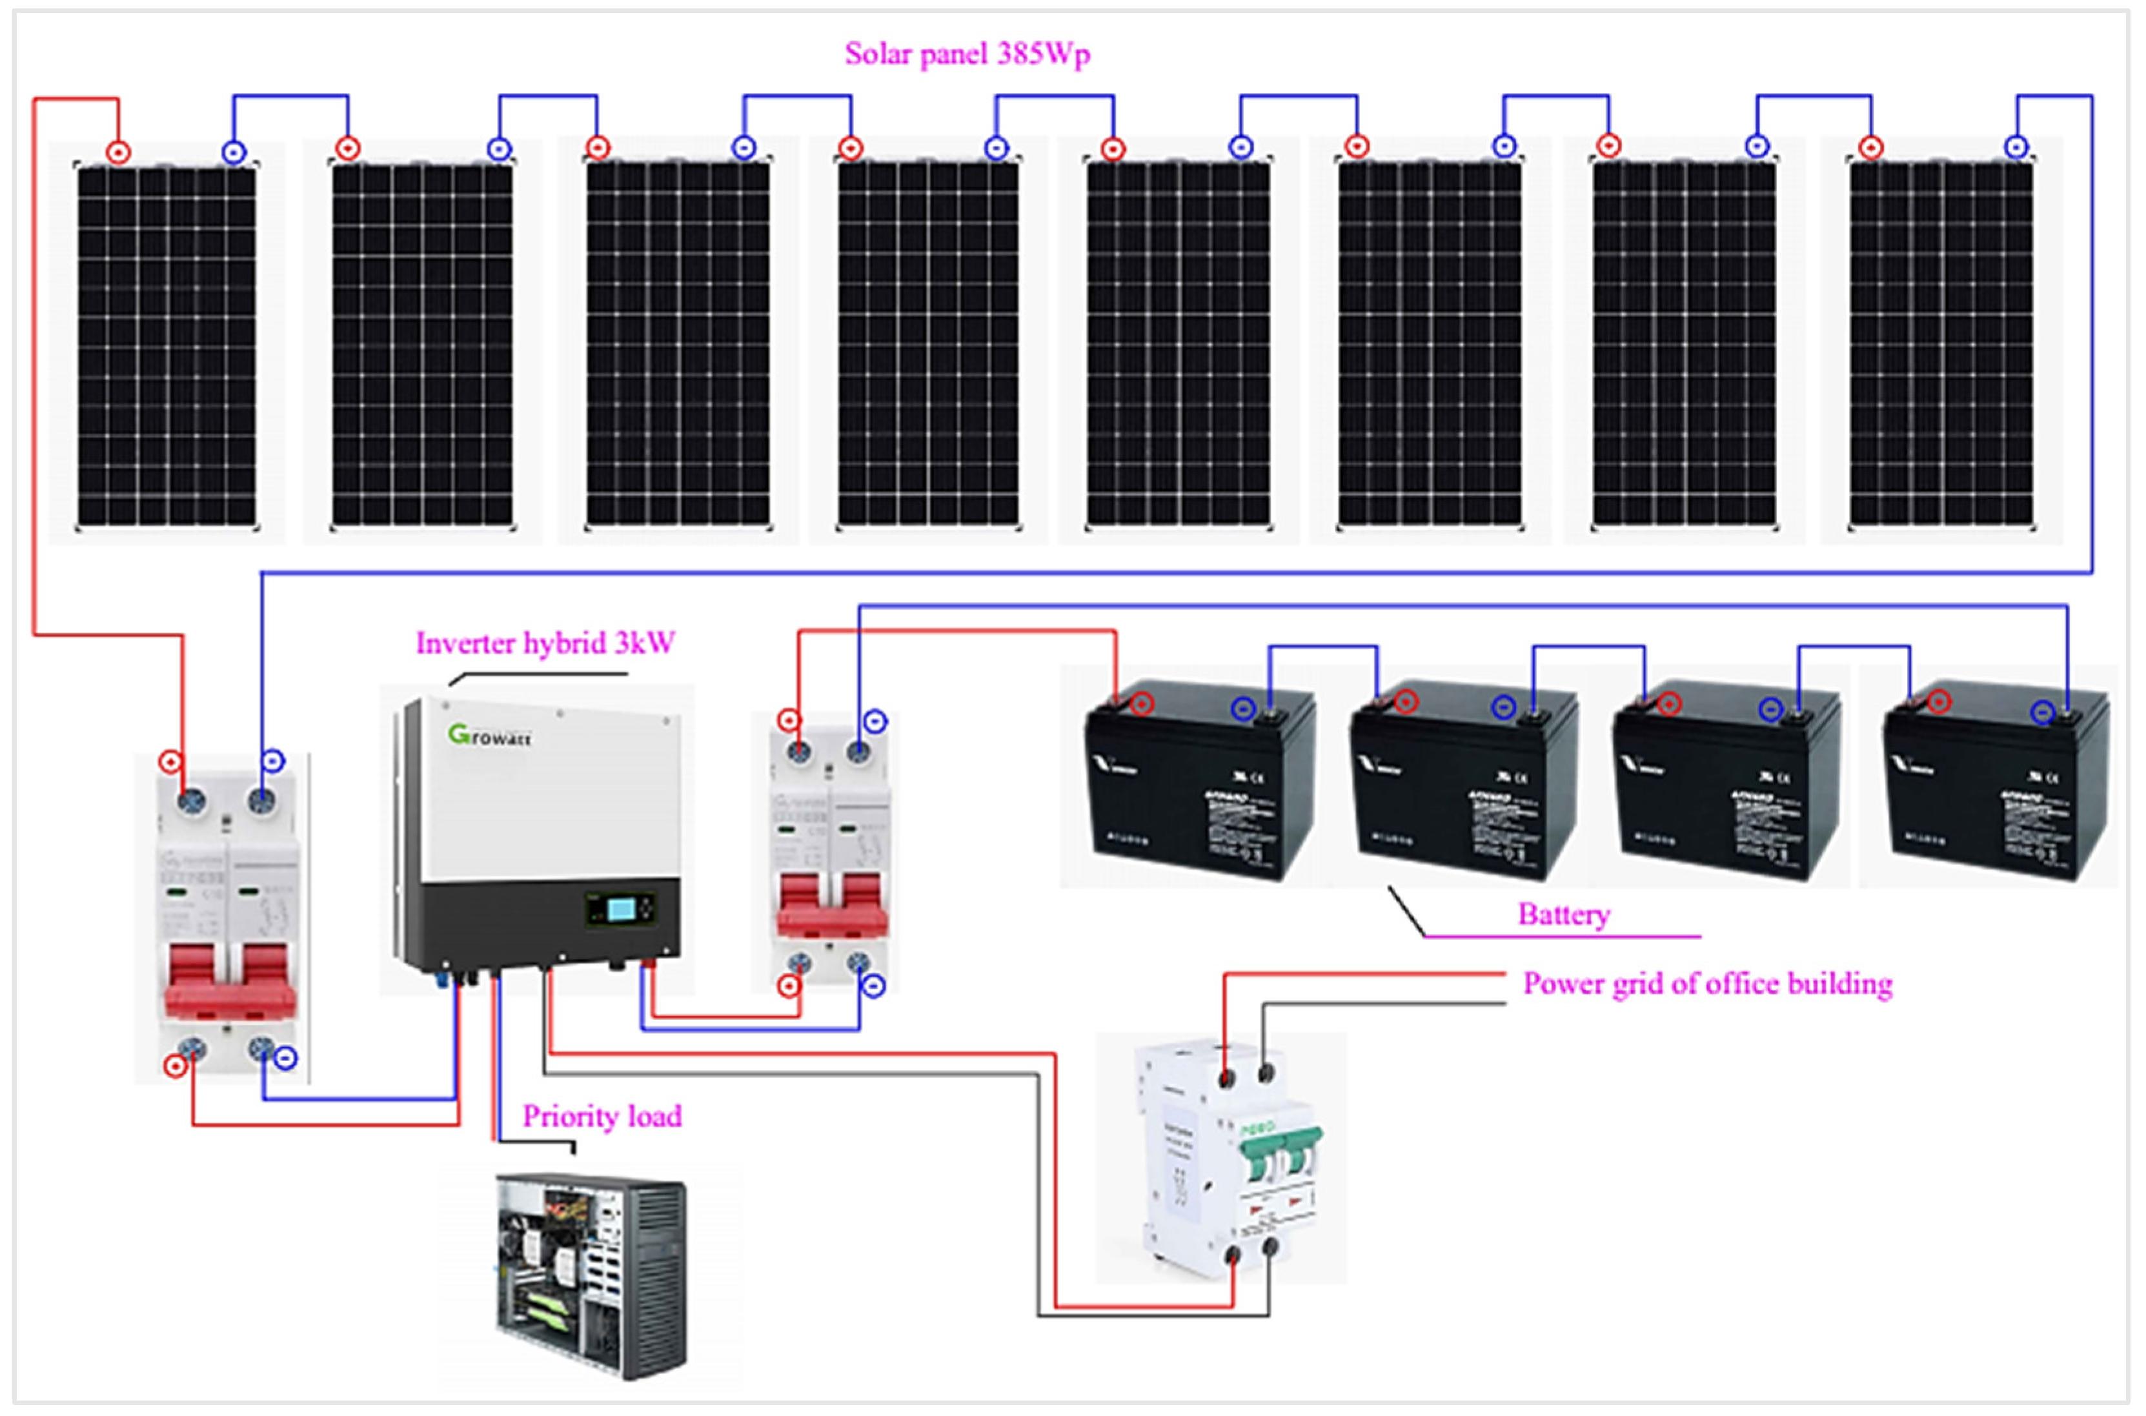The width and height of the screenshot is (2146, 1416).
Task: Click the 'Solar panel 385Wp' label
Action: (x=967, y=54)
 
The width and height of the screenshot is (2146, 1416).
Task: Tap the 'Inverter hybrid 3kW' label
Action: (x=544, y=643)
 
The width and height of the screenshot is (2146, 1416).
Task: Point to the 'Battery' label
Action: (x=1564, y=915)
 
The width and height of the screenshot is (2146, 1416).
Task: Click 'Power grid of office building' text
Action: (x=1707, y=984)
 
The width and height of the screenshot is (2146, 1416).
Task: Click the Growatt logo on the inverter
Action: (x=489, y=735)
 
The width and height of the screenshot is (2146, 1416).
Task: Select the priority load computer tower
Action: (x=591, y=1274)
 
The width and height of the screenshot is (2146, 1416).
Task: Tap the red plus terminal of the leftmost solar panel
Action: (x=118, y=152)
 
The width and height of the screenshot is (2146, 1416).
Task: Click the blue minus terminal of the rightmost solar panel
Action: (x=2016, y=147)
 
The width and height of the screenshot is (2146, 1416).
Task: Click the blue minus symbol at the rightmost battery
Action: (x=2042, y=713)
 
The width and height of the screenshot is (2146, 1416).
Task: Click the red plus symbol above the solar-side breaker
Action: (x=170, y=762)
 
